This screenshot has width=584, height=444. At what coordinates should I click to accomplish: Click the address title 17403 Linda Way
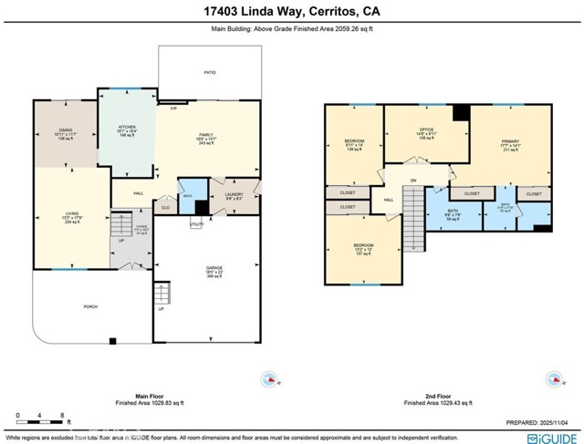tap(291, 12)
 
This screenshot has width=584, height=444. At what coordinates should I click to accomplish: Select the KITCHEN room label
tap(126, 129)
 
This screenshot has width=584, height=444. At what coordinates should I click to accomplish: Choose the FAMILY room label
tap(206, 136)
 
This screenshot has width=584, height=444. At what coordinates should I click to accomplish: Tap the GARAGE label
tap(214, 268)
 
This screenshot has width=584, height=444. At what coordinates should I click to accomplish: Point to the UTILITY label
tap(195, 223)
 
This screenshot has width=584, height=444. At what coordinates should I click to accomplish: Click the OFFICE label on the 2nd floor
tap(425, 129)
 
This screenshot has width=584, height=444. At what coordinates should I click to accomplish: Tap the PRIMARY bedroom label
tap(510, 141)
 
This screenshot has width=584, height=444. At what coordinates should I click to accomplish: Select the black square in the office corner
tap(461, 112)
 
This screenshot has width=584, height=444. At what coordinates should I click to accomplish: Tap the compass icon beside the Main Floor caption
tap(269, 378)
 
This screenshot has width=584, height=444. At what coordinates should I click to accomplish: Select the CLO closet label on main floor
tap(165, 207)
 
